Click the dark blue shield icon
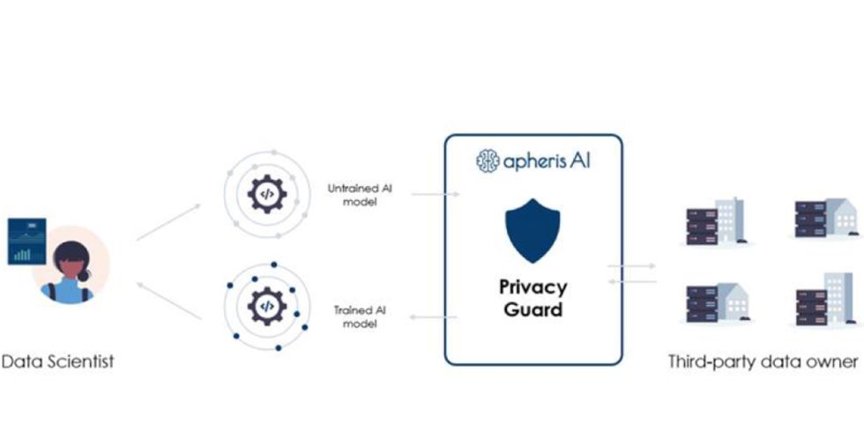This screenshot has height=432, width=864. pos(533,232)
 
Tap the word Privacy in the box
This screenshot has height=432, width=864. pos(533,287)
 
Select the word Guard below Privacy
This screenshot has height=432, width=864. pos(533,309)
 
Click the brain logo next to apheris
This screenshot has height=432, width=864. pos(488,160)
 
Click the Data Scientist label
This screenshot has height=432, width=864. pos(58,361)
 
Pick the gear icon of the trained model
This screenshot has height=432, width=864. pos(265,306)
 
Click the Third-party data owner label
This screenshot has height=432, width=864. pos(763,361)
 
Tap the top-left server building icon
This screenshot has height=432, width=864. pos(714,221)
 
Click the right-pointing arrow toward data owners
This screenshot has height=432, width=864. pos(631,265)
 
